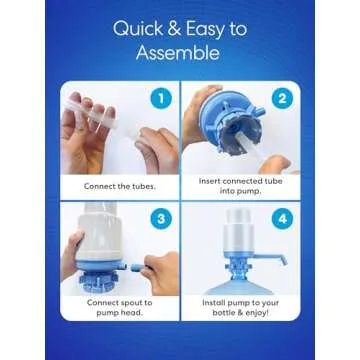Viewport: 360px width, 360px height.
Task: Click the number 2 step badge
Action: (283, 101)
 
